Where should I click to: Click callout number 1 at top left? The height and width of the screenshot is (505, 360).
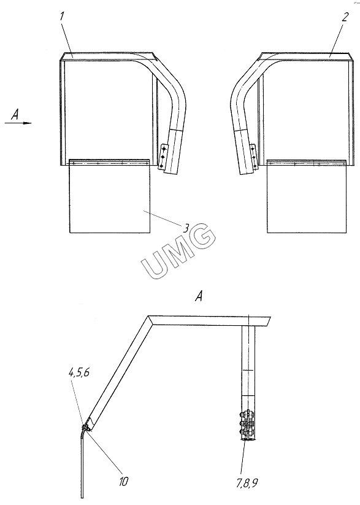(61, 17)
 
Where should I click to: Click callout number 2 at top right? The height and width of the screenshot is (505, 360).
(345, 17)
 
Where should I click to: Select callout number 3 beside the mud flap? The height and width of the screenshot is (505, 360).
(186, 228)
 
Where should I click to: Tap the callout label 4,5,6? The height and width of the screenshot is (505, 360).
(79, 373)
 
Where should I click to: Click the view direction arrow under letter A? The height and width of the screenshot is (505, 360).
(18, 123)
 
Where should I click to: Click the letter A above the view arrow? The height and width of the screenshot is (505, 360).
(15, 114)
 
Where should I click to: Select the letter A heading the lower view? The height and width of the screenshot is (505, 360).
(199, 296)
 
